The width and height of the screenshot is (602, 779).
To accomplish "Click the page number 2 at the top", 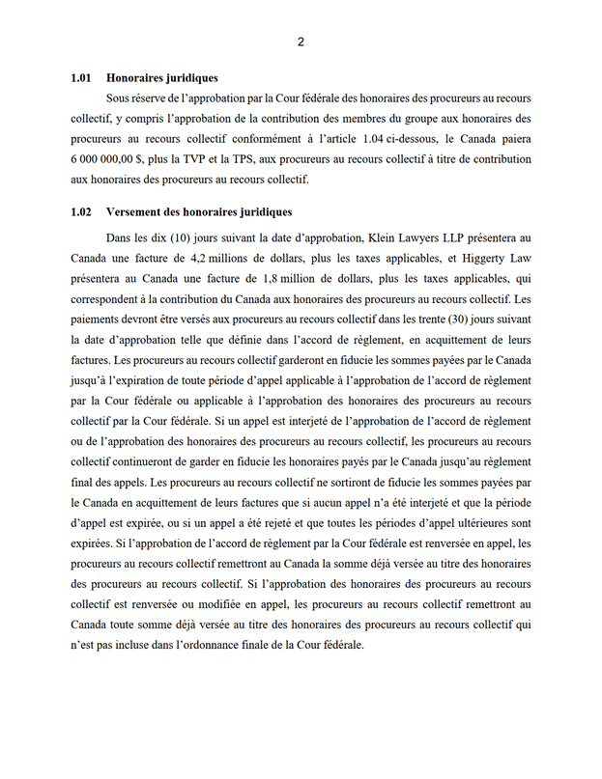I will click(x=301, y=42).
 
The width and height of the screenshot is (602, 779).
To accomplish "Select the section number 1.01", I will click(x=80, y=78).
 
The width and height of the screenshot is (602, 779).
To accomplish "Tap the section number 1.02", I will click(x=80, y=212).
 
